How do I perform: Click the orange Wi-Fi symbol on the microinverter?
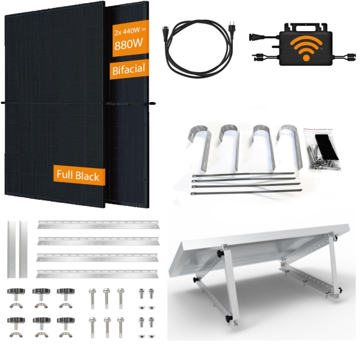coord(306,49)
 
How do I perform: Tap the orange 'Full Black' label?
coord(79,176)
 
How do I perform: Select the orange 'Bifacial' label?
coord(129,69)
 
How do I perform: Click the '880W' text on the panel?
coord(129,44)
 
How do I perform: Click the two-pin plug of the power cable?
coord(230,28)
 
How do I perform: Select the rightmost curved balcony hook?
coord(291,147)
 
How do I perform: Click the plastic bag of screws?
coord(323,150)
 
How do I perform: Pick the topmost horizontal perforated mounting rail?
coord(98,224)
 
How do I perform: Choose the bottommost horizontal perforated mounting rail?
coord(97,274)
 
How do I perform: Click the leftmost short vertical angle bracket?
coord(11,250)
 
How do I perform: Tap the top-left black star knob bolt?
coord(16,294)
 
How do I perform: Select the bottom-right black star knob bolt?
coord(66,323)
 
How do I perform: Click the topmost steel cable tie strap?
coord(243,174)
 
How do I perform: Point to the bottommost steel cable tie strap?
coord(246,191)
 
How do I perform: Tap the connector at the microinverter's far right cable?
coord(351,56)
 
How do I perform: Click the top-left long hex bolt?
coord(92,299)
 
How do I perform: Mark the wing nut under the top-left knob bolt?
coord(16,305)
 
